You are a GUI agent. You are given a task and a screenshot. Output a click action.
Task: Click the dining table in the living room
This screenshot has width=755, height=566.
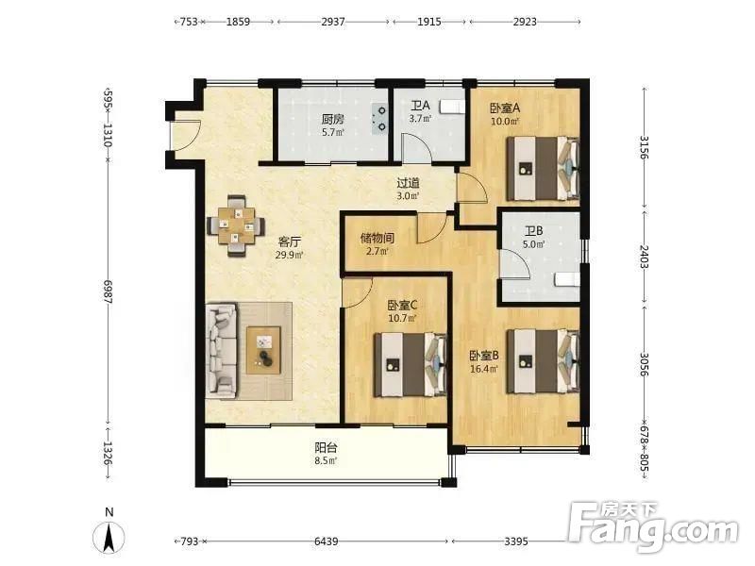[x=236, y=225]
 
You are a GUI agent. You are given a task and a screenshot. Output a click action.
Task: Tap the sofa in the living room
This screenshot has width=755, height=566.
[x=222, y=351]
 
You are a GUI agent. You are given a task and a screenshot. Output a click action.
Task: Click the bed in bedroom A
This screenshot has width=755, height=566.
[x=543, y=168]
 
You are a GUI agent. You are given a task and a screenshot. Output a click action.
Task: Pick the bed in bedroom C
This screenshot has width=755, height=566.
[x=411, y=364]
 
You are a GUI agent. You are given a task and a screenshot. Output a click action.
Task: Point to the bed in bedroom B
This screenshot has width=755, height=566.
[x=543, y=361]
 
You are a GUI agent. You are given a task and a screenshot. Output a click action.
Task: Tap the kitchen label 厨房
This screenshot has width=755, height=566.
[x=333, y=119]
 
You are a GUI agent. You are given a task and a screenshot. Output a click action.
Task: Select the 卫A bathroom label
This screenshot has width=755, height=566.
[x=420, y=106]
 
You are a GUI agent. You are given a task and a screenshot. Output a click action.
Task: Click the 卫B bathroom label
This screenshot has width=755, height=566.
[x=534, y=231]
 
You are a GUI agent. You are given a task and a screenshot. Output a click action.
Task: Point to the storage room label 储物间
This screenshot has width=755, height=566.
[x=377, y=238]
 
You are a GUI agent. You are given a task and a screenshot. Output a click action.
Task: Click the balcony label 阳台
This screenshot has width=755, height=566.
[x=326, y=447]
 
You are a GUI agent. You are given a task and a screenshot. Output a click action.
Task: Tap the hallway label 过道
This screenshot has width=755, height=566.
[x=408, y=183]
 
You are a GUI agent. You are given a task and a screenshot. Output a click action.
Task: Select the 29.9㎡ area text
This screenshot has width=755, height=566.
[x=289, y=255]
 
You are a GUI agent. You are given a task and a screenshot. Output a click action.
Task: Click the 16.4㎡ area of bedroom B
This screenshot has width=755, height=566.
[x=484, y=369]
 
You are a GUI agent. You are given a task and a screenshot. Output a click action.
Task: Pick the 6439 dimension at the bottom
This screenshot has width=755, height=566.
[x=326, y=541]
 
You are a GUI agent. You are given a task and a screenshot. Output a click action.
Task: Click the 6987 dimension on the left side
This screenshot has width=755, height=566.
[x=107, y=291]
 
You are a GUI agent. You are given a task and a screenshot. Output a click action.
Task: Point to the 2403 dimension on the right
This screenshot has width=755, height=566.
[x=645, y=257]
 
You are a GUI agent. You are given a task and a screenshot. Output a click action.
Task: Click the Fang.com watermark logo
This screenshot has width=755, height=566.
[x=653, y=526]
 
